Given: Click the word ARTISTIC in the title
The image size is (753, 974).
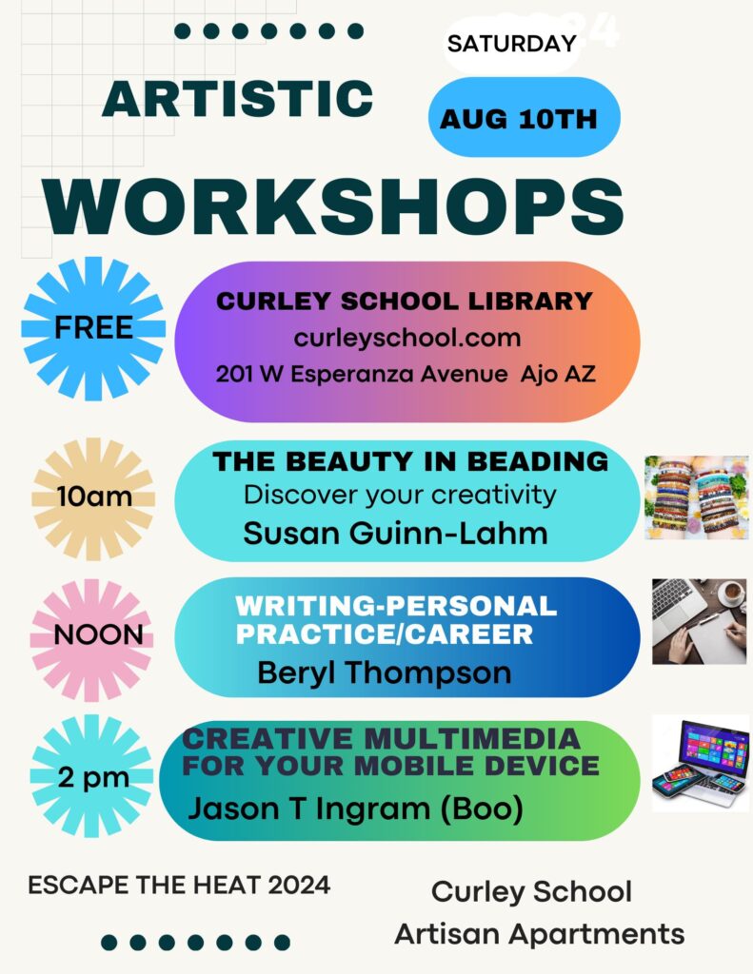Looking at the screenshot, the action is [238, 99].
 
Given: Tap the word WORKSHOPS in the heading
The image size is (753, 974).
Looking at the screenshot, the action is [333, 206].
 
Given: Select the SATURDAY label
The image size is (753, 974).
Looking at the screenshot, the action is [512, 44].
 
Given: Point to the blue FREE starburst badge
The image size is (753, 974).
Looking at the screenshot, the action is [93, 328].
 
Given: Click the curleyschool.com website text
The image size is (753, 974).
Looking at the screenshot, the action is [407, 338].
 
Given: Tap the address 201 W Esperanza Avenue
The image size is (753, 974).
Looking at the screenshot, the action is [362, 374].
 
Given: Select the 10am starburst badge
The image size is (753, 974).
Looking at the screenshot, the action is [93, 498].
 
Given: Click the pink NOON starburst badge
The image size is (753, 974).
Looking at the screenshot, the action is [92, 640].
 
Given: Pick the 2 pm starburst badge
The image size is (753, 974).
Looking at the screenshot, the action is [92, 776].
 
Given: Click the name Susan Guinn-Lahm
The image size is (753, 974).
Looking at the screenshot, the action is [395, 533].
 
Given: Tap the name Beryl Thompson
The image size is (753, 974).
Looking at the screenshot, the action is [385, 672].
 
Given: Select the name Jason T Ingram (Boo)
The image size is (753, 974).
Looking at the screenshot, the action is [356, 808].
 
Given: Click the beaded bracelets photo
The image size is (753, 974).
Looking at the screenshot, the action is [697, 497].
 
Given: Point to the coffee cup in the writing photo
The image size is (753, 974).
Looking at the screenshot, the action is [731, 593].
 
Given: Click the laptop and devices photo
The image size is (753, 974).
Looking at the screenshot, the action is [701, 764].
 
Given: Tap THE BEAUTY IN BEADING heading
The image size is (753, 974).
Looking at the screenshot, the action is [410, 461].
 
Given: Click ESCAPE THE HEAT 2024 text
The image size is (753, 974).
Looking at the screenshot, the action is [179, 886].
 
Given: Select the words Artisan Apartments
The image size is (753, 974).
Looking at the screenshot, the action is [539, 934].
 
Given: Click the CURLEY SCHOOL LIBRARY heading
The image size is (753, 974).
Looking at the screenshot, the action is [405, 301].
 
